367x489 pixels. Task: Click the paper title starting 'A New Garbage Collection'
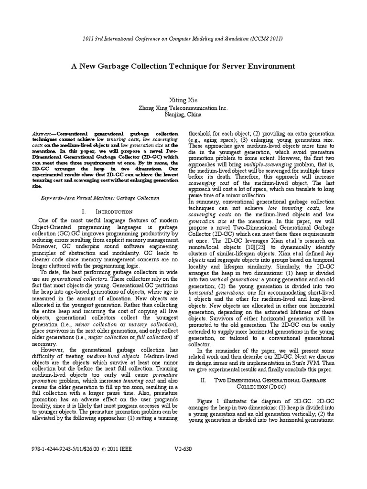click(x=183, y=66)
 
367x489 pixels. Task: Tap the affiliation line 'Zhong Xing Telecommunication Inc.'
click(x=183, y=108)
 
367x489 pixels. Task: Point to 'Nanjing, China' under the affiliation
click(x=183, y=115)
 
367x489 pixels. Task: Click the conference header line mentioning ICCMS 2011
click(x=183, y=38)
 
